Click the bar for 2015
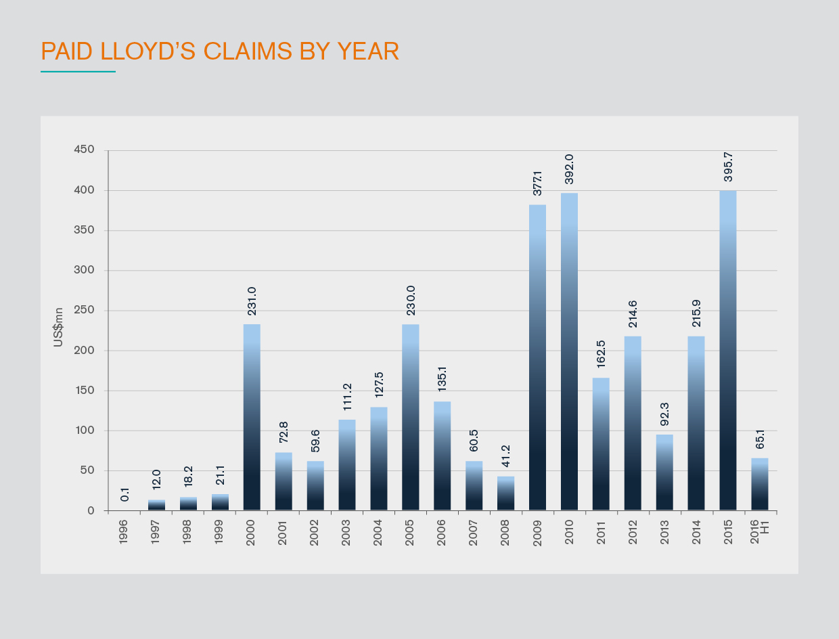click(728, 350)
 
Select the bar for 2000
click(252, 417)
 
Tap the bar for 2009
click(537, 357)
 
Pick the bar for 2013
click(664, 472)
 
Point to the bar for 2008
click(506, 493)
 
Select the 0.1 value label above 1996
click(125, 494)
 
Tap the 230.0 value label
click(411, 301)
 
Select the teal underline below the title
click(78, 71)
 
